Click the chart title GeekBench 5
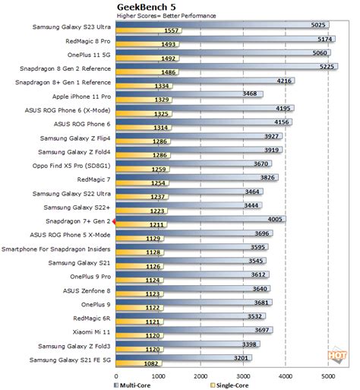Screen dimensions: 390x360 tap(144, 6)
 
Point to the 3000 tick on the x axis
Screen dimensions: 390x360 tap(242, 375)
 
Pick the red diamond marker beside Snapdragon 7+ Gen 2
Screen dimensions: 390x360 tap(114, 221)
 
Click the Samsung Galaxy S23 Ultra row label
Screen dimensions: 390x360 tap(71, 27)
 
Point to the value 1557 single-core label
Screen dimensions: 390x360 tap(171, 31)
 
